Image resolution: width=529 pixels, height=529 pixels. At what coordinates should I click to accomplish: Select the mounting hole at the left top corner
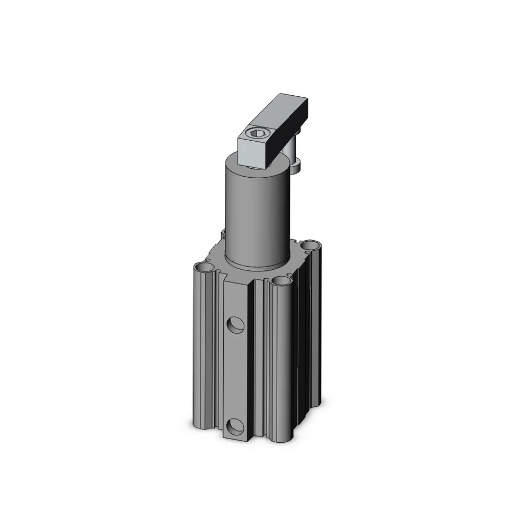pos(204,269)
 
